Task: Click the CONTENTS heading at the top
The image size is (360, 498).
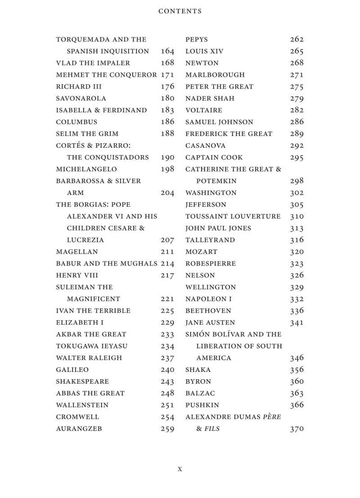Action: [180, 11]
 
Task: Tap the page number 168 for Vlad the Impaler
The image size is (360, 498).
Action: [167, 63]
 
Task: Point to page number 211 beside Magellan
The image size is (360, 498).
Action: [167, 252]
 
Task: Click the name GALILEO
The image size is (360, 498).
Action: [72, 370]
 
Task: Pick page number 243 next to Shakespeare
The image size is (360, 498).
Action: [167, 381]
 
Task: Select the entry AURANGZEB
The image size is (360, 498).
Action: [79, 429]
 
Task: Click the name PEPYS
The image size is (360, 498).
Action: [197, 40]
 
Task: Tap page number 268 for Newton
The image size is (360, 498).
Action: [297, 63]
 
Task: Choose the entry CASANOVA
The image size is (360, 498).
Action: [206, 145]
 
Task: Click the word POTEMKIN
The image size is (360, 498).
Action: [216, 181]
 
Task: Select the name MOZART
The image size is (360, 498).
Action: [201, 252]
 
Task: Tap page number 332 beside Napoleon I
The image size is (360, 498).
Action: [297, 299]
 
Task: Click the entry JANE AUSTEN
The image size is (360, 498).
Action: [210, 322]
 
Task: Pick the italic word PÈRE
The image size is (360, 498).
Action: [272, 417]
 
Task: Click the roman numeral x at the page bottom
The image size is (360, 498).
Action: [180, 469]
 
